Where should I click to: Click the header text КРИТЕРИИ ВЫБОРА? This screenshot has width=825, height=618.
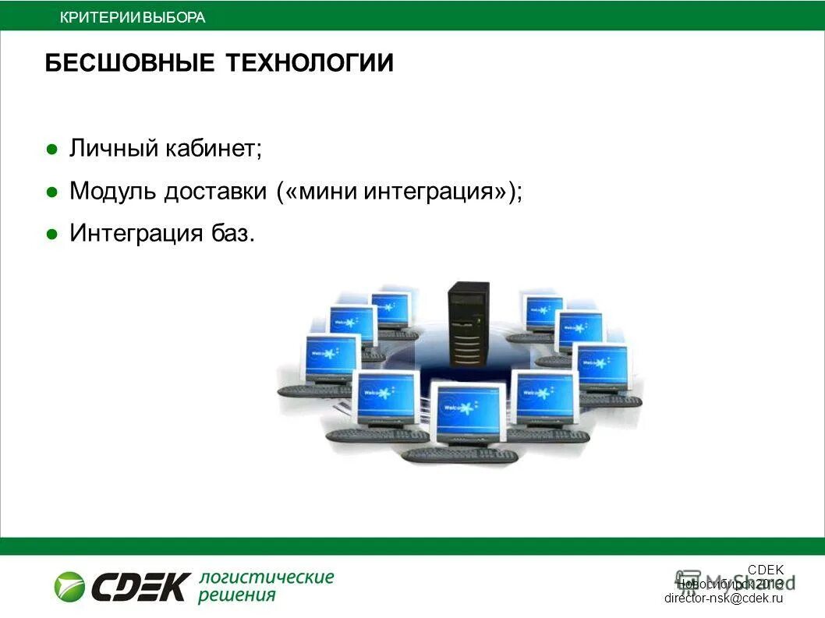(x=133, y=17)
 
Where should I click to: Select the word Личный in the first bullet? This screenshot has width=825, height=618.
(x=114, y=148)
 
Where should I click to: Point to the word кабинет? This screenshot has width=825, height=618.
(x=213, y=148)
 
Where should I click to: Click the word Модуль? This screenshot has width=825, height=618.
(x=114, y=192)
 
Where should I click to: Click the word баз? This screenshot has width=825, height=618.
(x=237, y=233)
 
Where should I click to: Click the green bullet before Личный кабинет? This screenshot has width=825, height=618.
(x=51, y=149)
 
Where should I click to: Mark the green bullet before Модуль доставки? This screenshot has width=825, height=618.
(x=51, y=192)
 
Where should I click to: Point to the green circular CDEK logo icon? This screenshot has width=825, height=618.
(x=69, y=586)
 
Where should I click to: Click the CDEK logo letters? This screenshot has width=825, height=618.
(x=140, y=587)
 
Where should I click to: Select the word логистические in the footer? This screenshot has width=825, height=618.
(x=267, y=577)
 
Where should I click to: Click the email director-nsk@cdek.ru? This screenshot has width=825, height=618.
(x=723, y=599)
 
